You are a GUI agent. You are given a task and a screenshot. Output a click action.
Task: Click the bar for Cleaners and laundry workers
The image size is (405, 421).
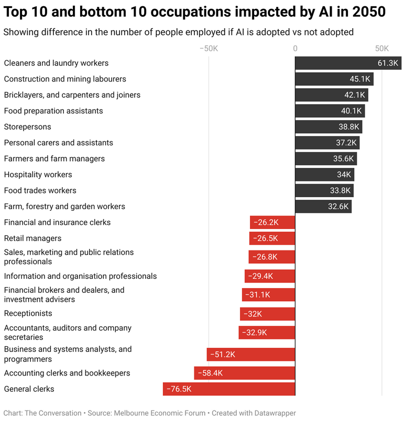[x=348, y=63]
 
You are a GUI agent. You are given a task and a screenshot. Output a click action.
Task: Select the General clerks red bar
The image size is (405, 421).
[x=229, y=389]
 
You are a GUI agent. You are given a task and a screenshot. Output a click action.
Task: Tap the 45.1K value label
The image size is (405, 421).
[x=360, y=79]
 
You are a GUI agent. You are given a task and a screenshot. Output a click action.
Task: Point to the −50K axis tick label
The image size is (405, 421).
[x=209, y=49]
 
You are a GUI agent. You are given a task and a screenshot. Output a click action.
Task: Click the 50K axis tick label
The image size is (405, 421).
[x=382, y=49]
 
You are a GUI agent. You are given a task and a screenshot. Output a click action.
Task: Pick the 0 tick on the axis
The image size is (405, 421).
[x=295, y=49]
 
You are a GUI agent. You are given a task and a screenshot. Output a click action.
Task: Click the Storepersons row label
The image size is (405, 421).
[x=27, y=127]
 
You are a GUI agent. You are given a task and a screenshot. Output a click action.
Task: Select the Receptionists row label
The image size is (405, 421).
[x=28, y=313]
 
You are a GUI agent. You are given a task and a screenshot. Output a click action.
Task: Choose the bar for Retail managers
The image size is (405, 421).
[x=272, y=238]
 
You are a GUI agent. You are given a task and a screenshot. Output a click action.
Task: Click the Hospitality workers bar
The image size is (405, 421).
[x=324, y=175]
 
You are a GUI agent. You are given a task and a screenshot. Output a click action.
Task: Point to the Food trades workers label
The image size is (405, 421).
[x=40, y=190]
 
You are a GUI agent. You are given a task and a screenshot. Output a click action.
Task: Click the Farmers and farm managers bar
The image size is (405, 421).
[x=326, y=158]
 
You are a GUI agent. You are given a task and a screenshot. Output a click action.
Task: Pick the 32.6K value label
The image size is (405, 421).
[x=338, y=207]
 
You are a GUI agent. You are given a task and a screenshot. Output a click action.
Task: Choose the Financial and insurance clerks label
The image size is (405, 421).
[x=57, y=222]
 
